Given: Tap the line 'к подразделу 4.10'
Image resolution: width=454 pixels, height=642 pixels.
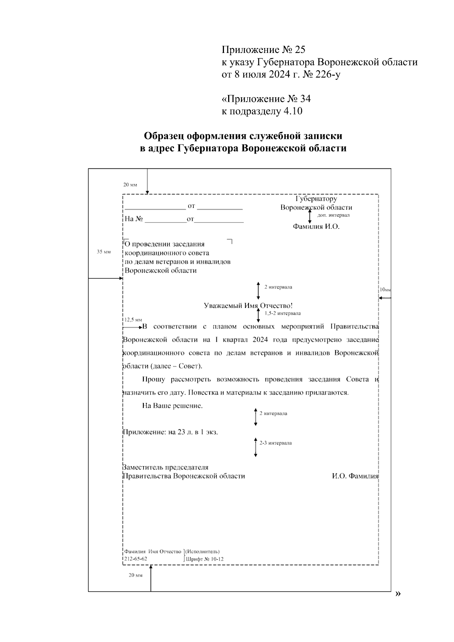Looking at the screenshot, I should coord(262,111).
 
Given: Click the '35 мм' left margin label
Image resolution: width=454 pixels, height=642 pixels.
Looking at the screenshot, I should coord(104,252).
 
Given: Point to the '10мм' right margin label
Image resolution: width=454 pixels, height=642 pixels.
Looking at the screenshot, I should coord(385,289).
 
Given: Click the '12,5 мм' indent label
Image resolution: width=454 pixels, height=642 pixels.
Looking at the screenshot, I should coord(133,319).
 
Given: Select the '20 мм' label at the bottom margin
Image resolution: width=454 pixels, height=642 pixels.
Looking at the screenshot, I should coord(135,575).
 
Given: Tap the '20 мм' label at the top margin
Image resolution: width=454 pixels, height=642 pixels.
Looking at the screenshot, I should coord(130,185).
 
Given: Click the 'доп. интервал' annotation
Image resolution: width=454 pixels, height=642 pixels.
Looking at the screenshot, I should coord(333,215).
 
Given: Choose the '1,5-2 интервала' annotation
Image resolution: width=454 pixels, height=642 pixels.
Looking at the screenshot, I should coord(283,313).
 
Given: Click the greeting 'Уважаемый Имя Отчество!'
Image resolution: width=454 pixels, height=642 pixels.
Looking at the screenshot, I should coord(248,306).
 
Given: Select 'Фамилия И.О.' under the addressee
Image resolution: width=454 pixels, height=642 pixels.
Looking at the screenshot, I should coord(316,227).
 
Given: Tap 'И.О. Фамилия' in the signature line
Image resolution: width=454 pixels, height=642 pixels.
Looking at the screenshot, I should coord(355,476).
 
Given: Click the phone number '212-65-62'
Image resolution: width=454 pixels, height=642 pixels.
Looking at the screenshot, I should coord(135,559).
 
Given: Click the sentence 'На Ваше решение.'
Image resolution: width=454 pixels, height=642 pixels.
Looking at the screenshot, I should coord(173,406).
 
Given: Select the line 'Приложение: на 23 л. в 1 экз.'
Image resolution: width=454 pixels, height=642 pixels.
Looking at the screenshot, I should coord(171,432).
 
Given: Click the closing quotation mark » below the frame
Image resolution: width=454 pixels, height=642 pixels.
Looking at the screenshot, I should coord(397,593).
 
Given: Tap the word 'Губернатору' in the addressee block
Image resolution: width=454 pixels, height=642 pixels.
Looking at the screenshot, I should coord(316,199).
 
